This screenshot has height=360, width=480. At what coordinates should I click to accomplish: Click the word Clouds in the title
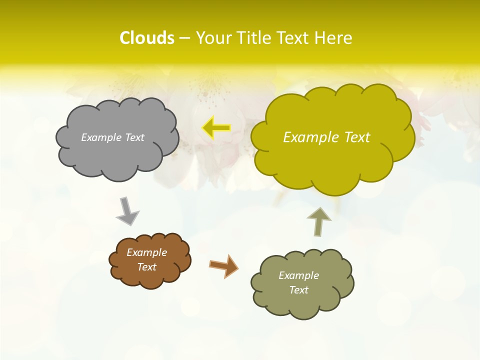click(146, 38)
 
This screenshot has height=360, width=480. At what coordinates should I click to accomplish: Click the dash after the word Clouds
click(184, 38)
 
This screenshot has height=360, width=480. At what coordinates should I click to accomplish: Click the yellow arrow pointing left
click(216, 128)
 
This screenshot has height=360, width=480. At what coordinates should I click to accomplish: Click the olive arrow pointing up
click(318, 221)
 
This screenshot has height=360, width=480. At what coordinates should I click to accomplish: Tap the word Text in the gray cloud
click(134, 137)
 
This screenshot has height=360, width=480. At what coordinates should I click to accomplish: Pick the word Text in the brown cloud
click(146, 267)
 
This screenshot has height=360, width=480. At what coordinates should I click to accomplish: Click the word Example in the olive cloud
click(298, 275)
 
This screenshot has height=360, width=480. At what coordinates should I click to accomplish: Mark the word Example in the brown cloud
click(146, 252)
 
